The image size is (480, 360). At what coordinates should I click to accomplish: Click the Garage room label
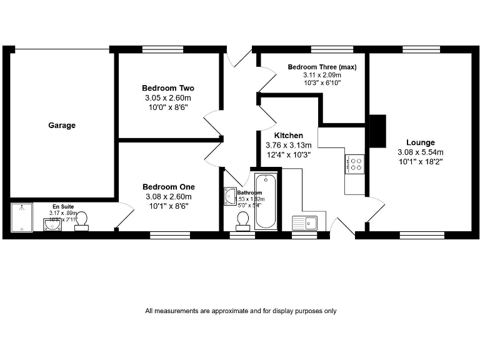(62, 126)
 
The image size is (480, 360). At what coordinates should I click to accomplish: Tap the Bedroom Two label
(168, 87)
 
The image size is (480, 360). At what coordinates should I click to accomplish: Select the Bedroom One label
(168, 186)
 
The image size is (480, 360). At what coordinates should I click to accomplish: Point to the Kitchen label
(288, 135)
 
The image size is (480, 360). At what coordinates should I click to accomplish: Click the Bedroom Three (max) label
(321, 66)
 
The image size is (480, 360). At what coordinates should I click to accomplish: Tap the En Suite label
(63, 205)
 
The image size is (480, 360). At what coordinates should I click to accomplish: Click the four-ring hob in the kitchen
(354, 164)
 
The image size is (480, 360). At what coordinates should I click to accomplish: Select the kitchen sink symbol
(304, 221)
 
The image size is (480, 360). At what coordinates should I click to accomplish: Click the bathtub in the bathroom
(266, 201)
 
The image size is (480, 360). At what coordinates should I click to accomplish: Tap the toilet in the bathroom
(243, 219)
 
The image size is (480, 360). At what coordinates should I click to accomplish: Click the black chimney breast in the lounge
(377, 130)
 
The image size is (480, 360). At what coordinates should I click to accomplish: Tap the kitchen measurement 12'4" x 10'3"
(288, 154)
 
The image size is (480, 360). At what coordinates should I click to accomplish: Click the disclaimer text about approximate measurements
(241, 311)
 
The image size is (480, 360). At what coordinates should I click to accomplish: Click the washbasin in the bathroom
(229, 196)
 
